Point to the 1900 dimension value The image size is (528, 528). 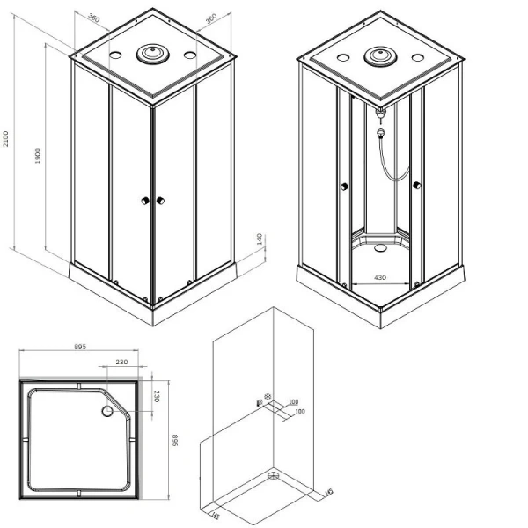point(39,160)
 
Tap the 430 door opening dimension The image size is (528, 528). point(379,278)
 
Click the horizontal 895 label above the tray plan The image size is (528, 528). point(79,348)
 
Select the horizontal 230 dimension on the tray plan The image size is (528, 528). point(121,361)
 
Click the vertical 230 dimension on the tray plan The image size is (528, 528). point(157,397)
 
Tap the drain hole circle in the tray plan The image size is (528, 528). point(108,410)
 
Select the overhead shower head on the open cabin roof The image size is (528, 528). point(382,55)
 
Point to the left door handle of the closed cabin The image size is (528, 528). point(143,202)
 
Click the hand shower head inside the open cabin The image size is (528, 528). point(380,135)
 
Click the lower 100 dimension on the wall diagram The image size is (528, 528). point(300,412)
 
